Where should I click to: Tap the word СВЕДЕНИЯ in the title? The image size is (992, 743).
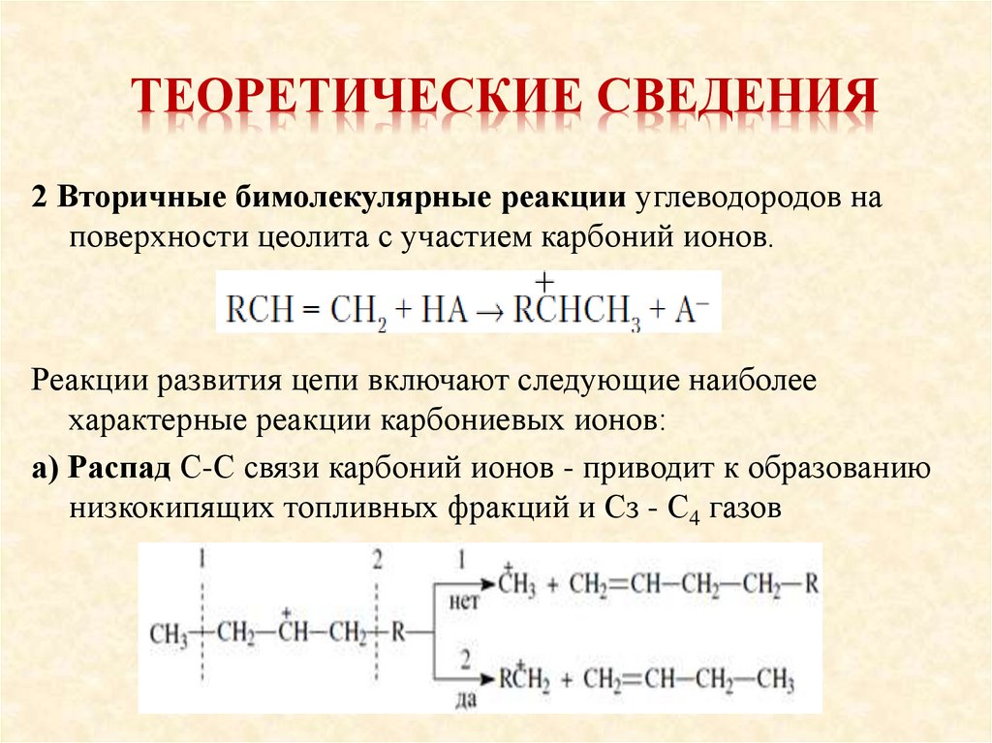(x=730, y=100)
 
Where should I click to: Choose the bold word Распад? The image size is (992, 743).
(x=124, y=470)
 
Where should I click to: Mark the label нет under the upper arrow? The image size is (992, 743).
(x=462, y=602)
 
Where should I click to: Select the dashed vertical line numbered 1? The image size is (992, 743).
(x=202, y=630)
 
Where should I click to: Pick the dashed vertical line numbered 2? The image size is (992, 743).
(x=377, y=630)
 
